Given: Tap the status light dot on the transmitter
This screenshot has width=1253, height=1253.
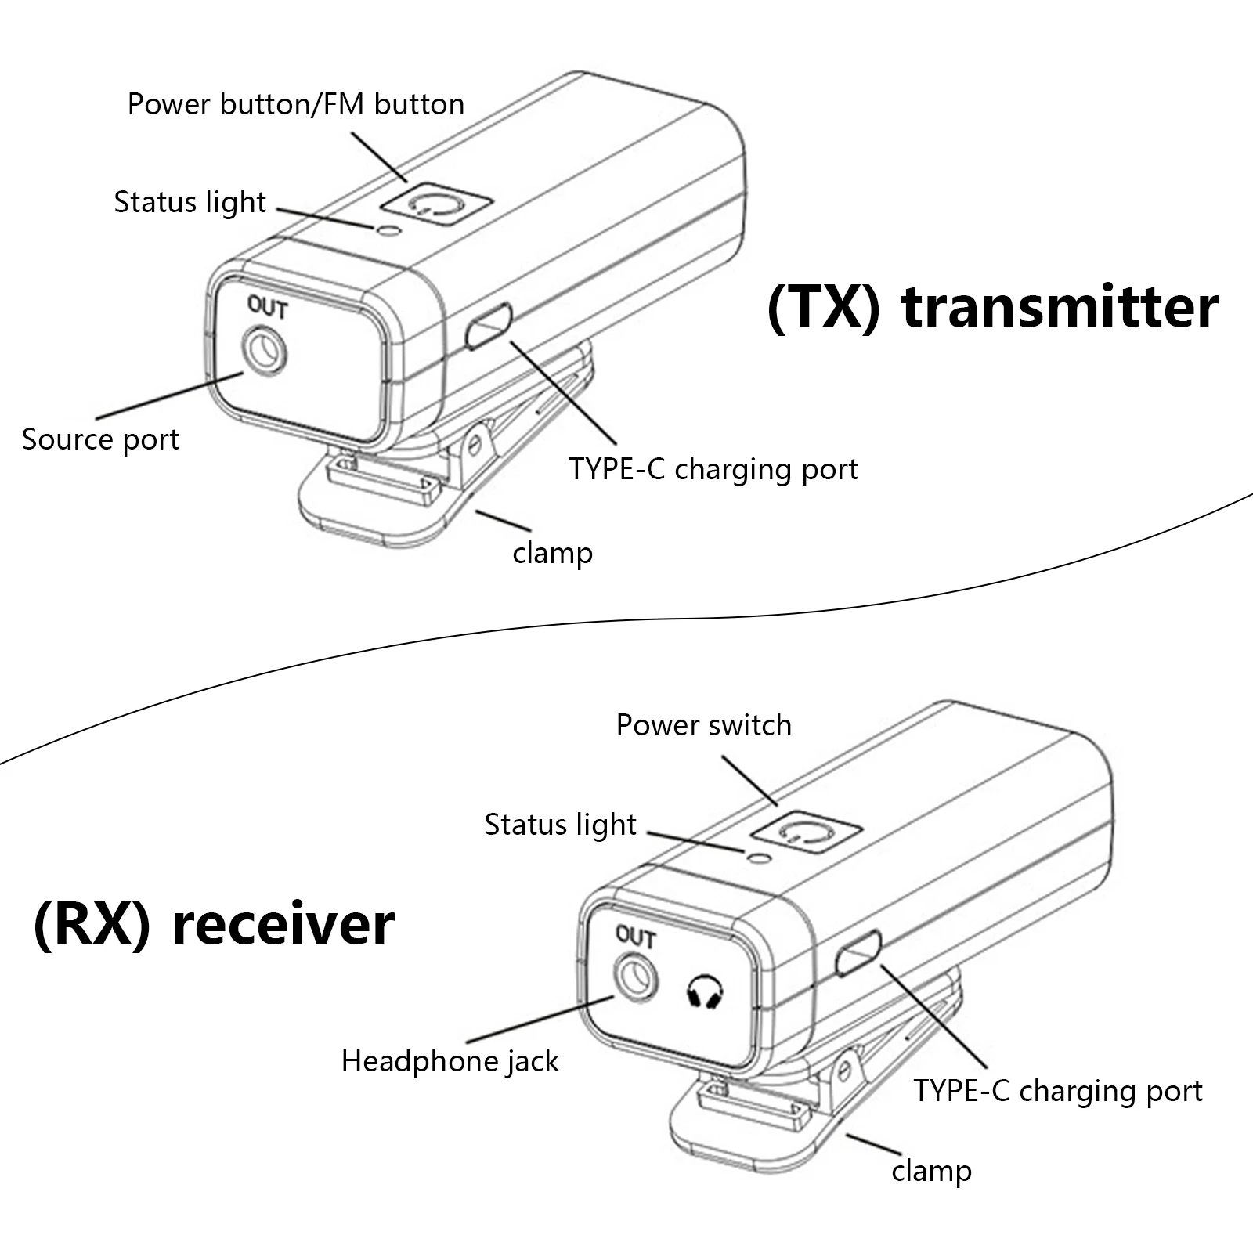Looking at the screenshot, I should [x=388, y=229].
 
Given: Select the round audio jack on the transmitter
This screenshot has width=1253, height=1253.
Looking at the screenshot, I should [x=265, y=352].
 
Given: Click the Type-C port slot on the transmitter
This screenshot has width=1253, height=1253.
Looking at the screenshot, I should [x=489, y=326].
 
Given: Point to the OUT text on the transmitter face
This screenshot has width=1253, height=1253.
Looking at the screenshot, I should [x=268, y=307].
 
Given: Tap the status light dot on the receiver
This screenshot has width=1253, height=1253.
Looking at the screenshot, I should [x=756, y=858].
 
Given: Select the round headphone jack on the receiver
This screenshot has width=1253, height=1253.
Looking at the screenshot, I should [x=635, y=979].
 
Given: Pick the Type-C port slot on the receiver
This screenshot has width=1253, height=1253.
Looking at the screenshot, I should [x=858, y=952].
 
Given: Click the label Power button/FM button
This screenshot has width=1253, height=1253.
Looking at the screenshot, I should [x=295, y=104].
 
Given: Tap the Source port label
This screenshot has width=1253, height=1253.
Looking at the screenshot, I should [x=100, y=439].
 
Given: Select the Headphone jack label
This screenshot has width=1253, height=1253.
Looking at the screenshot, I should [x=450, y=1062].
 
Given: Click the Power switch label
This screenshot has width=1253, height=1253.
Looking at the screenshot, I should [x=703, y=725].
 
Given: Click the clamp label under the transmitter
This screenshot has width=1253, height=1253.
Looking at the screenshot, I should [x=552, y=553].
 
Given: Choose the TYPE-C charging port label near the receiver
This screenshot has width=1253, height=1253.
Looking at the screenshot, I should [x=1057, y=1091].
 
